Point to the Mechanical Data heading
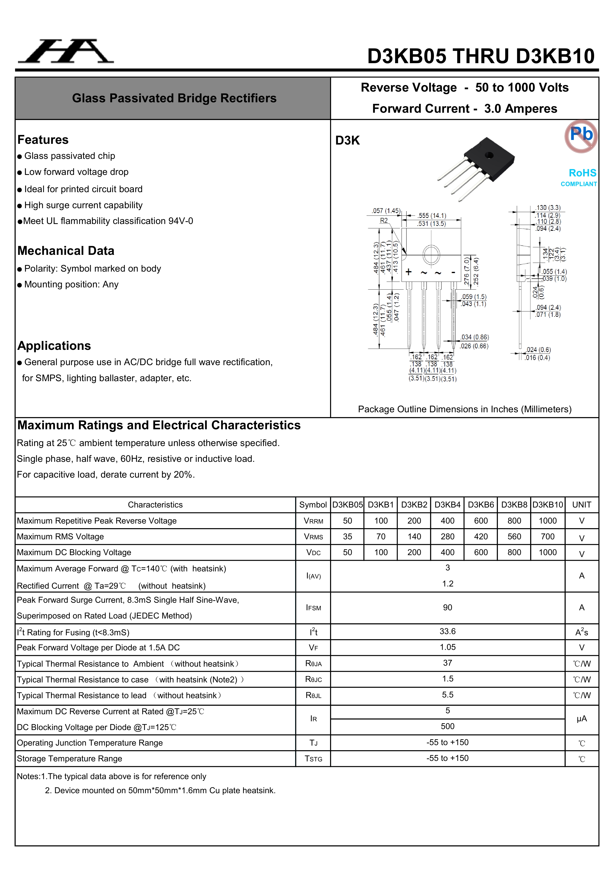point(66,250)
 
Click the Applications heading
point(54,345)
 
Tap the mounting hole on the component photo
point(489,155)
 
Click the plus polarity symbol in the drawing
point(409,272)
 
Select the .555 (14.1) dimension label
point(432,216)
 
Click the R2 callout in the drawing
point(384,221)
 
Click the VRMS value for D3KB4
point(447,536)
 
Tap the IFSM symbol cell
point(313,608)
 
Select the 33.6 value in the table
point(447,631)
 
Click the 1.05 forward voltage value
point(447,647)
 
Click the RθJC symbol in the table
point(313,679)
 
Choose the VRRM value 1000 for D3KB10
point(548,521)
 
